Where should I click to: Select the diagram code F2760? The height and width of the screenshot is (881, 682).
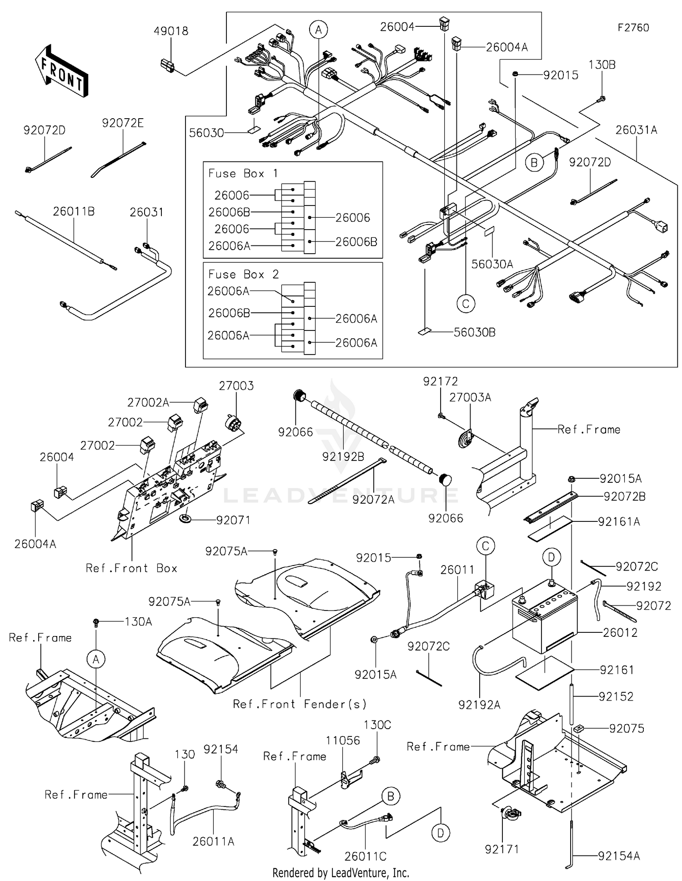coord(633,28)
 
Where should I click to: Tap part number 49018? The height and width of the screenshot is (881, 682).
coord(170,31)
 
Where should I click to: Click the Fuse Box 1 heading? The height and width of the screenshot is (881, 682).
coord(243,173)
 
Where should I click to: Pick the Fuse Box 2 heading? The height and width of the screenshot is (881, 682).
coord(243,274)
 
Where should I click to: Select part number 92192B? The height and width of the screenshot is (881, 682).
coord(343,456)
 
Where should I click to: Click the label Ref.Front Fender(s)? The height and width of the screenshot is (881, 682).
coord(299,704)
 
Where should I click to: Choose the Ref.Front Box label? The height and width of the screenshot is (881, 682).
coord(131,568)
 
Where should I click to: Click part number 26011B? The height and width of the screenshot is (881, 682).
coord(74,211)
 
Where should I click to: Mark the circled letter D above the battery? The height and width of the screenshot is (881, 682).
coord(551,557)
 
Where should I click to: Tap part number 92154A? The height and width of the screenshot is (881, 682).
coord(618,856)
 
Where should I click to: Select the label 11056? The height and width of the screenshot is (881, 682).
coord(343,741)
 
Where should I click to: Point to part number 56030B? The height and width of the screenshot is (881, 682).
coord(474,332)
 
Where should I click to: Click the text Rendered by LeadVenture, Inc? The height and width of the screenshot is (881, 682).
coord(341,872)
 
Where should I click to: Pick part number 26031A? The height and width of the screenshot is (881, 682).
coord(636,130)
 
